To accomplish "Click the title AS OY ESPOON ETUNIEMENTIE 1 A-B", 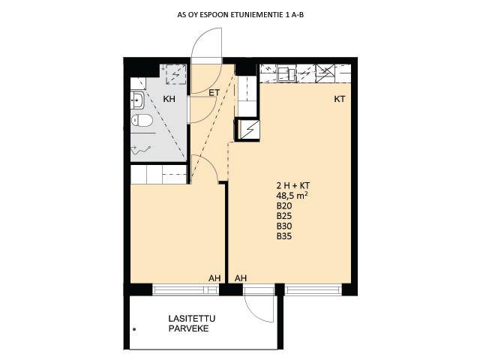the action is pyautogui.click(x=240, y=15).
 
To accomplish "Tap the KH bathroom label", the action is pyautogui.click(x=169, y=99).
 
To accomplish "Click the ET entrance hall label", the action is pyautogui.click(x=214, y=92).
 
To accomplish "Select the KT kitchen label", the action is pyautogui.click(x=340, y=99).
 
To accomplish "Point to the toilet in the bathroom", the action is pyautogui.click(x=142, y=120).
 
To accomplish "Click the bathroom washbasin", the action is pyautogui.click(x=137, y=100).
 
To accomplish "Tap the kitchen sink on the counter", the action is pyautogui.click(x=286, y=74).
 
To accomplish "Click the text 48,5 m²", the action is pyautogui.click(x=292, y=195).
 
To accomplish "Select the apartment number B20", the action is pyautogui.click(x=284, y=205).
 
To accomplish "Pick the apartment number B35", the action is pyautogui.click(x=284, y=236).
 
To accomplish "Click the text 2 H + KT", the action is pyautogui.click(x=293, y=185).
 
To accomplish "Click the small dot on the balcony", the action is pyautogui.click(x=134, y=329).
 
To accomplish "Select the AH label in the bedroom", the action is pyautogui.click(x=214, y=278).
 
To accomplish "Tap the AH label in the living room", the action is pyautogui.click(x=241, y=278).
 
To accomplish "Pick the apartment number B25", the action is pyautogui.click(x=284, y=216).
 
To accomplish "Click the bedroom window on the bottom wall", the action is pyautogui.click(x=185, y=289).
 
